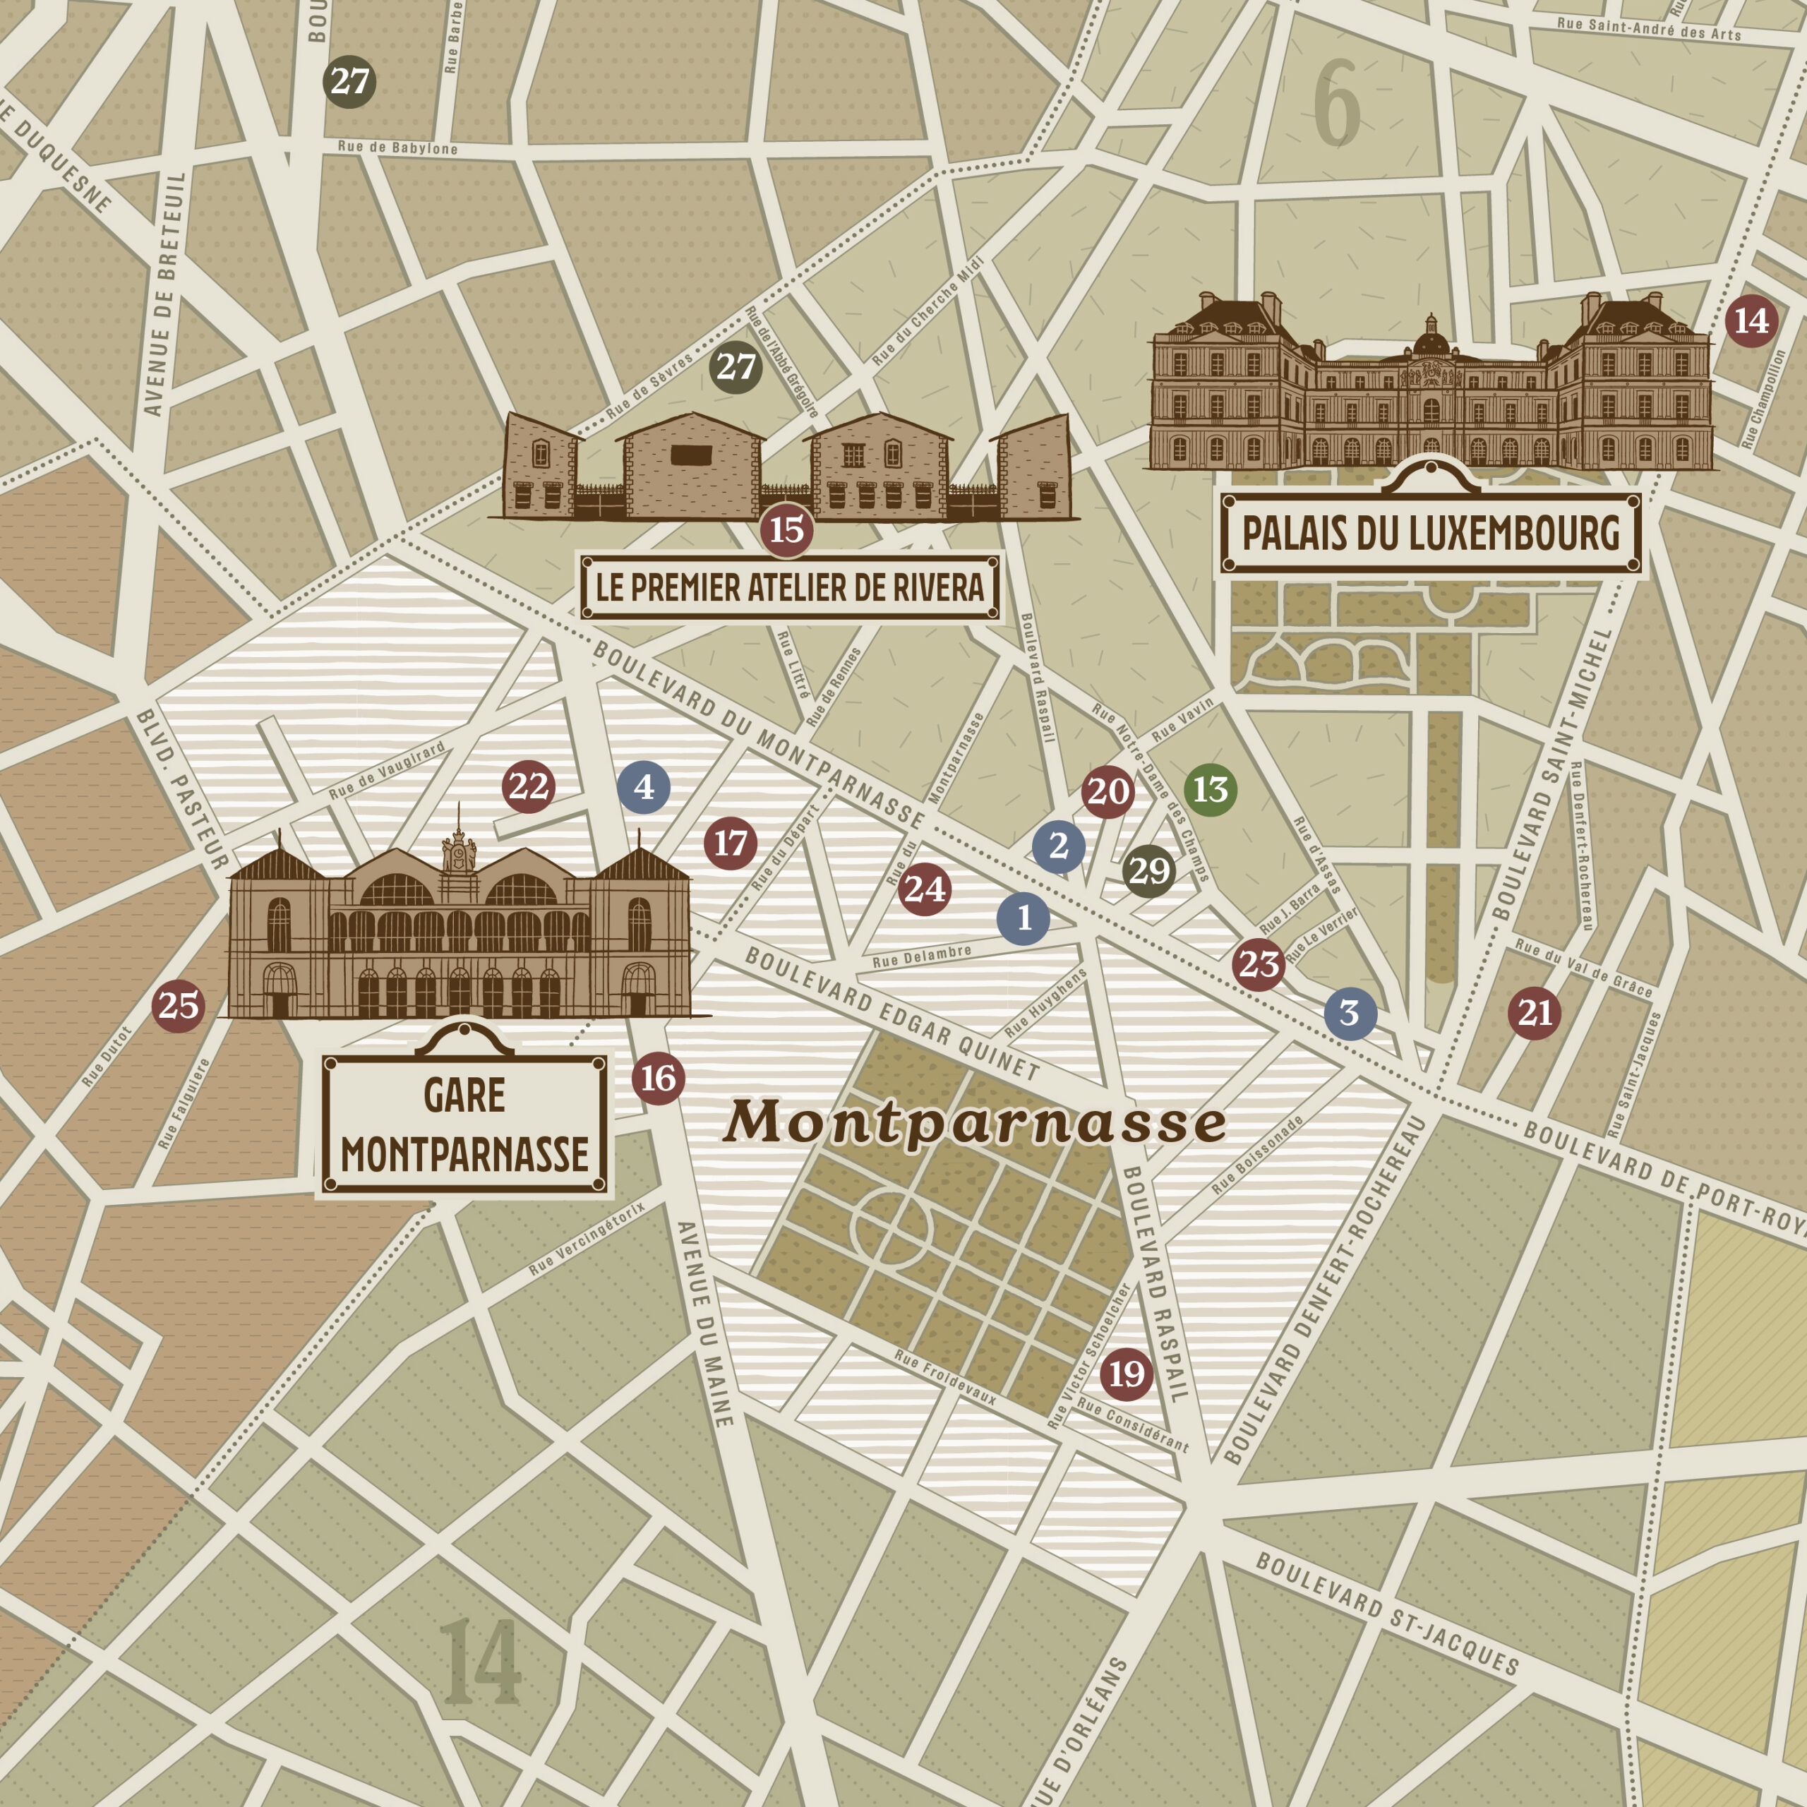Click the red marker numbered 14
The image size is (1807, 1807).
click(x=1751, y=320)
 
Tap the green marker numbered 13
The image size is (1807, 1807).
click(x=1211, y=789)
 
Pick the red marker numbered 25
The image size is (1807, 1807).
click(x=179, y=1005)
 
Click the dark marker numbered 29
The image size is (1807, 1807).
click(x=1148, y=871)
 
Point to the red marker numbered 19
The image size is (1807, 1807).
click(x=1126, y=1374)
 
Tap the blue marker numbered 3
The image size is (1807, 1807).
click(x=1350, y=1013)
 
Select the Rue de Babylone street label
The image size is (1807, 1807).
click(x=397, y=148)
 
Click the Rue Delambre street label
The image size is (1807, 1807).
click(x=921, y=956)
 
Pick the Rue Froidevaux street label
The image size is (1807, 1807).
click(x=944, y=1376)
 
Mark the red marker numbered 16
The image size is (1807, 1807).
click(x=659, y=1079)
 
